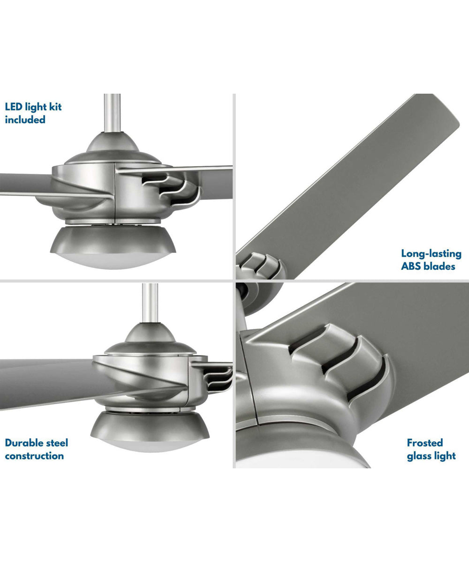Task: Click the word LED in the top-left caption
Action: [14, 107]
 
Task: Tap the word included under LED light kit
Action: [25, 119]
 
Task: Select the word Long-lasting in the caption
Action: [431, 254]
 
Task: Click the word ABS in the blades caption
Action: [411, 266]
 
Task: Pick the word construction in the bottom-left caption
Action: [34, 456]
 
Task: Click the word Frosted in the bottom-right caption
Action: [425, 443]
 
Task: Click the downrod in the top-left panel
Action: [112, 113]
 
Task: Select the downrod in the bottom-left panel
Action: [150, 303]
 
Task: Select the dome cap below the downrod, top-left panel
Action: [112, 142]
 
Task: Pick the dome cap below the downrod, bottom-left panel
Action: [150, 333]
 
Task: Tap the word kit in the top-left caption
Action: [55, 107]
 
